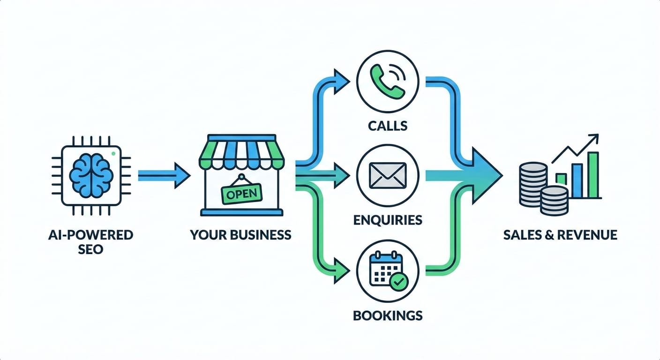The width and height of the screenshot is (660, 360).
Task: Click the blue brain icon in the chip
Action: pyautogui.click(x=91, y=175)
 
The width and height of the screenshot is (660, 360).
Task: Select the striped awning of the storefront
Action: pyautogui.click(x=242, y=152)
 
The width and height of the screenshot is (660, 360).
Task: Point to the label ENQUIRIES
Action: pyautogui.click(x=387, y=219)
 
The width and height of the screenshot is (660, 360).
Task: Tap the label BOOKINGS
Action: pyautogui.click(x=387, y=315)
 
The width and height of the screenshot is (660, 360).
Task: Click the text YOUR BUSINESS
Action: pyautogui.click(x=240, y=234)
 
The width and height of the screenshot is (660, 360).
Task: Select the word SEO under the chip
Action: pyautogui.click(x=91, y=249)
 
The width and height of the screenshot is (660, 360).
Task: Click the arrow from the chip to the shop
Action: pyautogui.click(x=164, y=176)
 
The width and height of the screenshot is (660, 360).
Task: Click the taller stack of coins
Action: pyautogui.click(x=533, y=184)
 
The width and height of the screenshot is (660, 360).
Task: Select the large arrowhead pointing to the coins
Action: pyautogui.click(x=485, y=176)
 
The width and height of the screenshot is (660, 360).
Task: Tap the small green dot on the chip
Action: pyautogui.click(x=114, y=153)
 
